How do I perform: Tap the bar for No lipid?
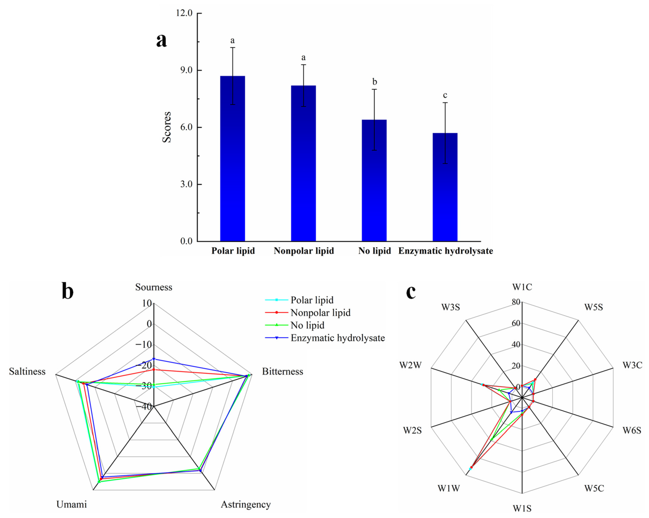point(374,181)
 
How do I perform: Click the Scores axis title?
point(166,127)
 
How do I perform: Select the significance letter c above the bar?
point(445,95)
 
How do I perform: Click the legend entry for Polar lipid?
point(312,300)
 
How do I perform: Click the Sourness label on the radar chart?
point(153,287)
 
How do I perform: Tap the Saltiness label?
point(27,372)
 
